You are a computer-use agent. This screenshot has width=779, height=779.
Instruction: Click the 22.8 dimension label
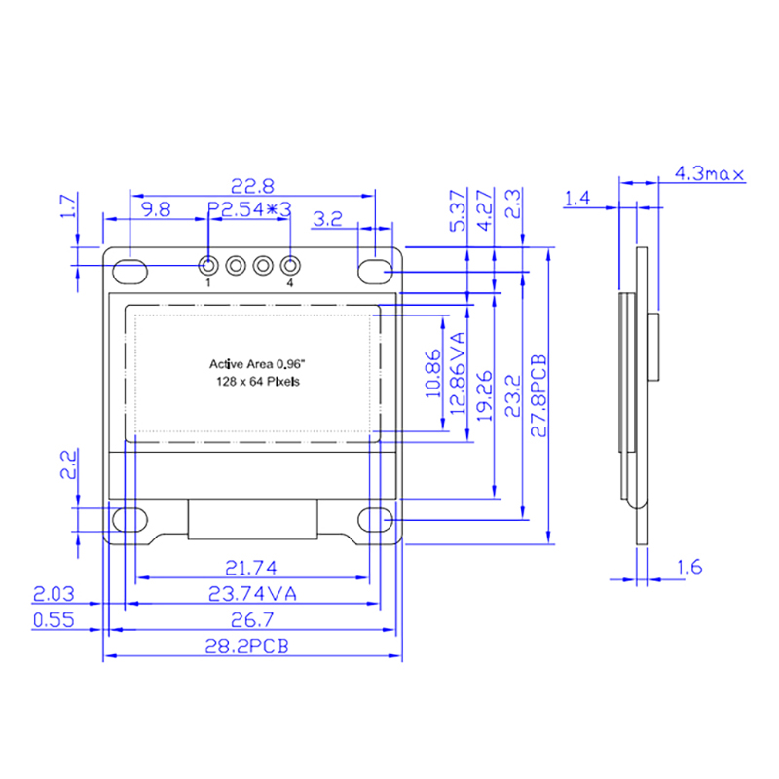click(x=252, y=186)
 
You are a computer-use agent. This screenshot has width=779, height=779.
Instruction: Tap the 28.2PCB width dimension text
click(x=247, y=647)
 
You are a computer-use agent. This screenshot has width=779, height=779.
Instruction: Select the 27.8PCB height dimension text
click(x=538, y=395)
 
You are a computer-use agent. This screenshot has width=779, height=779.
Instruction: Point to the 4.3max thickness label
click(x=710, y=173)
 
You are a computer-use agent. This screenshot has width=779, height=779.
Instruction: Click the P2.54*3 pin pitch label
click(x=249, y=209)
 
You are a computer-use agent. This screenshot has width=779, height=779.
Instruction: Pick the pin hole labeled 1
click(x=208, y=265)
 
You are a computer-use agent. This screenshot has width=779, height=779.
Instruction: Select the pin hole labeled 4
click(x=290, y=265)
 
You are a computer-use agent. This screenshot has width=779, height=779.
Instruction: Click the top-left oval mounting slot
click(x=130, y=272)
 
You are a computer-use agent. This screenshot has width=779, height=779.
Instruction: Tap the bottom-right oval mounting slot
click(x=376, y=520)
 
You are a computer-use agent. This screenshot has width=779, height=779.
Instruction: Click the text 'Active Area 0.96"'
click(x=257, y=364)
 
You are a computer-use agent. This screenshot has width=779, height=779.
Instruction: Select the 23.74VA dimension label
click(x=252, y=594)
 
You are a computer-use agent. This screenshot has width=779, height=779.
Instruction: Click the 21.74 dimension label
click(x=251, y=568)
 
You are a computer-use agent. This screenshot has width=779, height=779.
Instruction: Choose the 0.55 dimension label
click(x=54, y=620)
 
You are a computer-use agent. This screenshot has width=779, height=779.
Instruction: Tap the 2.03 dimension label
click(x=54, y=594)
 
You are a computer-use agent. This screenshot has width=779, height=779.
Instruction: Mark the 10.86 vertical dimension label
click(x=433, y=374)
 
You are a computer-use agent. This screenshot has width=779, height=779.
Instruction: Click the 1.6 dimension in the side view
click(x=689, y=567)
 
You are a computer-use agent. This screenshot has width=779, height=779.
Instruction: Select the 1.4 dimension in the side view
click(x=577, y=199)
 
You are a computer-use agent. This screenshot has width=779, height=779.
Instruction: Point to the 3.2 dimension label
click(x=328, y=218)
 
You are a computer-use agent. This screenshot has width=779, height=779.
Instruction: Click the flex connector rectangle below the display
click(x=253, y=519)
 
